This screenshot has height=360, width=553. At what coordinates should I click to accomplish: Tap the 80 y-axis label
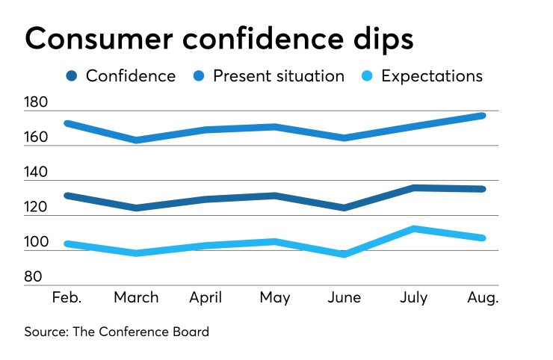tap(34, 277)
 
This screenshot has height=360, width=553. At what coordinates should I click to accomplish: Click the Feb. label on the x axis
tap(68, 297)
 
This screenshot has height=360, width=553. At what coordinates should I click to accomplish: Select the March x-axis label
tap(136, 297)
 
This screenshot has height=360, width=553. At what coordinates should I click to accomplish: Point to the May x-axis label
tap(275, 297)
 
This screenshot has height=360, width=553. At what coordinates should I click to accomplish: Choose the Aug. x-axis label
tap(483, 297)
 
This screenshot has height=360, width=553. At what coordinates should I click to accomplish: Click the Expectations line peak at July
tap(413, 229)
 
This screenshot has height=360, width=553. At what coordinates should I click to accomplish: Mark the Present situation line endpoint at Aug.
tap(483, 116)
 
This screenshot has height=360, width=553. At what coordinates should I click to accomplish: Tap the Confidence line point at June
tap(345, 208)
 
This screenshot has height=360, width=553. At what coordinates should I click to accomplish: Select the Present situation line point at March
tap(136, 140)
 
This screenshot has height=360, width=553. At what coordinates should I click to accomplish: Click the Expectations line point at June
tap(345, 255)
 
